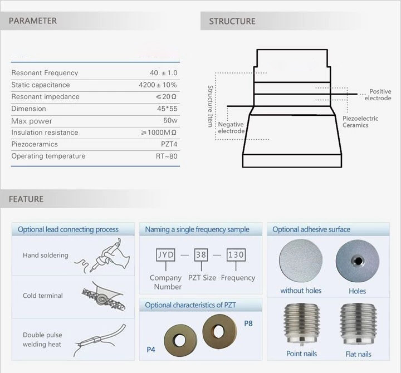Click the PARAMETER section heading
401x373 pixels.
(x=33, y=21)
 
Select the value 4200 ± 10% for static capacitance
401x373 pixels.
(x=158, y=85)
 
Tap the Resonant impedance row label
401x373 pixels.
(x=45, y=97)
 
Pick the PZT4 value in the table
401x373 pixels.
(x=169, y=144)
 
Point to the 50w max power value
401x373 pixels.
(x=170, y=120)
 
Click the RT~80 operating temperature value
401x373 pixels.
(x=167, y=156)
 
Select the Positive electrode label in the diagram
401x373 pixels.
(x=378, y=95)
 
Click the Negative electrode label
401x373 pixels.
(x=231, y=127)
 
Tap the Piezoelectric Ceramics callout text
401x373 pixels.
(x=360, y=122)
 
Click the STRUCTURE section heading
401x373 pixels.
(x=232, y=21)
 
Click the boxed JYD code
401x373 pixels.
(x=166, y=254)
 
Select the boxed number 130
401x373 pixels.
(x=236, y=254)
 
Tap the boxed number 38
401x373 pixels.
(x=201, y=254)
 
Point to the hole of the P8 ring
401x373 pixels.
(x=219, y=331)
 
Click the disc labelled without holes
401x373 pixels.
(x=301, y=261)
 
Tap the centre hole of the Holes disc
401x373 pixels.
(x=358, y=261)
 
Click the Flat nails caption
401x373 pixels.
(x=358, y=354)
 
